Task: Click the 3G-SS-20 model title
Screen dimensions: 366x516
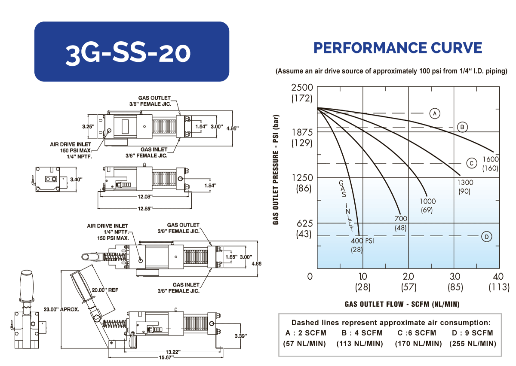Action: [128, 52]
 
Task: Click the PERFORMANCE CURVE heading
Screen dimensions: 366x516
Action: [398, 48]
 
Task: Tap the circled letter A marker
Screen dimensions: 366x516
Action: [435, 113]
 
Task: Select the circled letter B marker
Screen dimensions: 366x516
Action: [462, 127]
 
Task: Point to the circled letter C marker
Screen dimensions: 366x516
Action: [472, 163]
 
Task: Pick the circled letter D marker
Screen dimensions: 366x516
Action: [486, 236]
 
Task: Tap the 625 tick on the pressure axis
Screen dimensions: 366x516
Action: [303, 223]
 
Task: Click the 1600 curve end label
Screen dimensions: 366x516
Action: [490, 159]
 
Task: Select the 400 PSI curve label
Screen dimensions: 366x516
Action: [362, 241]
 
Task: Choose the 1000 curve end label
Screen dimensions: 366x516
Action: [427, 201]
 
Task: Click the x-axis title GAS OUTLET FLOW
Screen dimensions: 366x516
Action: [402, 304]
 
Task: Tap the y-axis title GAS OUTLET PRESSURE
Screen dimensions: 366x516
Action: [276, 170]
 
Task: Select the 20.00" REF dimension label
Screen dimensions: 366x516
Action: [104, 290]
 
